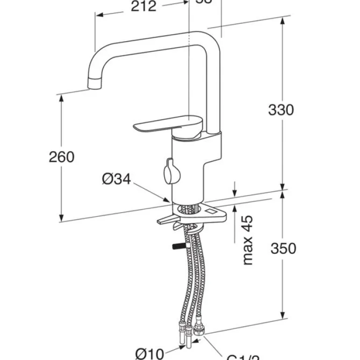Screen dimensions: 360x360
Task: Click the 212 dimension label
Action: click(143, 7)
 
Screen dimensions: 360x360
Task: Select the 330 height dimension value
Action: click(281, 110)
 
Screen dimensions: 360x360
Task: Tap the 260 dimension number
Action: click(62, 157)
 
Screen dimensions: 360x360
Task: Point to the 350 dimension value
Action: click(283, 248)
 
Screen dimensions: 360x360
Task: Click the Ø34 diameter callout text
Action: click(116, 179)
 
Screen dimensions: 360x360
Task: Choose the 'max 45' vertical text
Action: click(248, 240)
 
